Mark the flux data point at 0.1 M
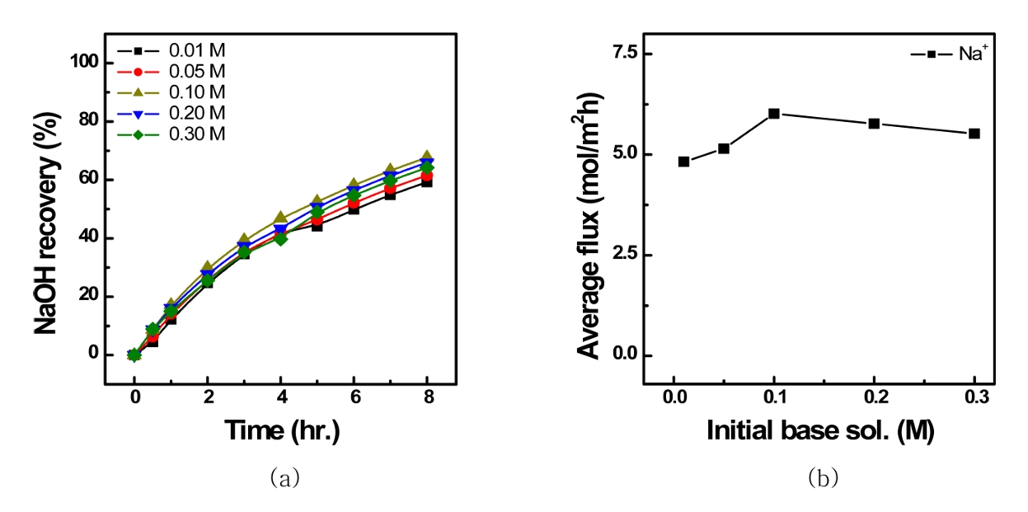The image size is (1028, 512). tap(773, 114)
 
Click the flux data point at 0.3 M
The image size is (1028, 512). tap(974, 133)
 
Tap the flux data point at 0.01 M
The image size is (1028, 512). tap(683, 162)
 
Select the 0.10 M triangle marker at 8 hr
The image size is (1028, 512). tap(427, 157)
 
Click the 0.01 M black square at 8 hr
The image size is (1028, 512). tap(427, 181)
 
